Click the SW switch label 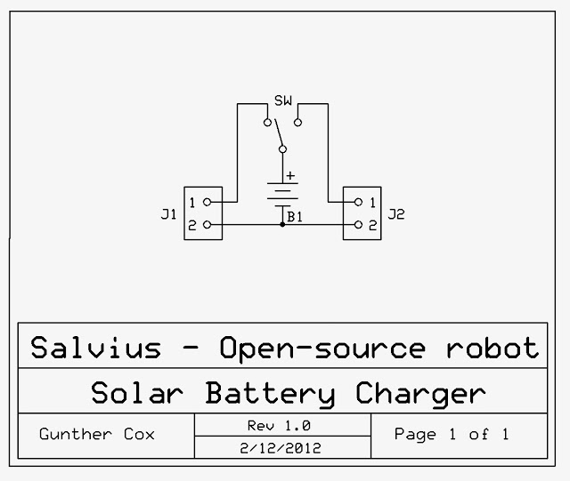coord(283,100)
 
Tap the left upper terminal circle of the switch coord(267,123)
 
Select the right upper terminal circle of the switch coord(297,123)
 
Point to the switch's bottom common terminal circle coord(282,149)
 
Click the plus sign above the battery coord(290,176)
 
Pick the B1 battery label coord(295,217)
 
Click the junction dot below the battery coord(282,225)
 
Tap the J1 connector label coord(168,214)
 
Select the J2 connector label coord(396,214)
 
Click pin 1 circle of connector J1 coord(207,202)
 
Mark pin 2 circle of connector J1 coord(207,225)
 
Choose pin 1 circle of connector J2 coord(358,202)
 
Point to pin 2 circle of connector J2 coord(358,225)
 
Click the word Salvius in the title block coord(96,348)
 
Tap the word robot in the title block coord(493,348)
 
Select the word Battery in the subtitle coord(270,394)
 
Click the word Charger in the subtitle coord(420,394)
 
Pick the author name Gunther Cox coord(97,434)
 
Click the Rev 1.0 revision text coord(279,426)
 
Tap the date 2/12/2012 coord(281,448)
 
